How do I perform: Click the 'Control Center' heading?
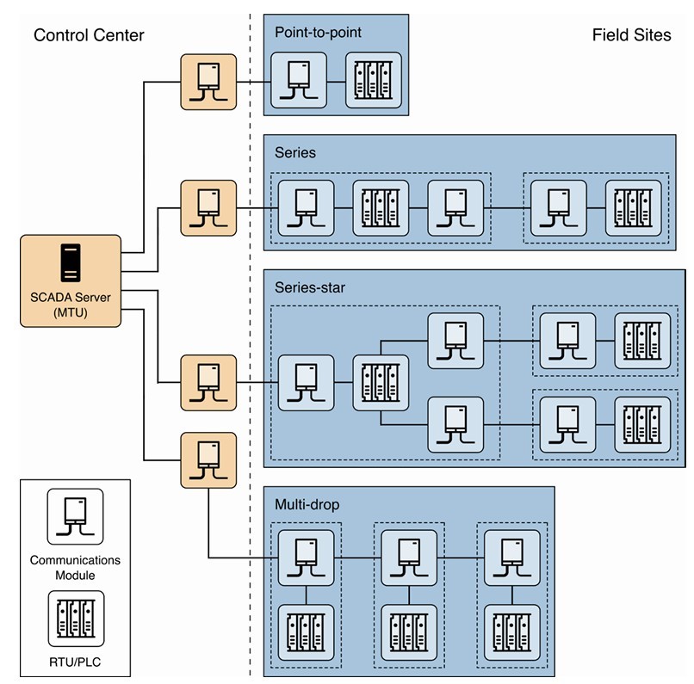[x=89, y=35]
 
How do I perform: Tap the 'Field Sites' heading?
[x=631, y=35]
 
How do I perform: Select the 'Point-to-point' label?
[x=318, y=33]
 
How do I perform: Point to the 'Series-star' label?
[x=310, y=287]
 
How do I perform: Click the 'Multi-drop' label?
[x=307, y=504]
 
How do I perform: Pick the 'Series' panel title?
[x=295, y=152]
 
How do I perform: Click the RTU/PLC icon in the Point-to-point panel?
[x=374, y=80]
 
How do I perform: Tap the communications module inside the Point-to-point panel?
[x=298, y=80]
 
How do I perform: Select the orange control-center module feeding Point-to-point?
[x=208, y=82]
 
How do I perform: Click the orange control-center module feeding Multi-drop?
[x=208, y=459]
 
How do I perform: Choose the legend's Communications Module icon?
[x=75, y=517]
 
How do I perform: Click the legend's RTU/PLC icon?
[x=75, y=617]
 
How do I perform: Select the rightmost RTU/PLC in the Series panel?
[x=633, y=208]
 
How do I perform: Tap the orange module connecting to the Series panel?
[x=208, y=207]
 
